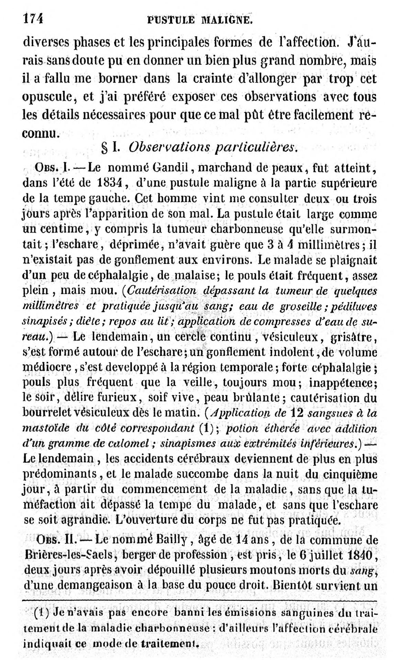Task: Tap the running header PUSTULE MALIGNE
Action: click(200, 20)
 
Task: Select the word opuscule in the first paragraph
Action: click(48, 97)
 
